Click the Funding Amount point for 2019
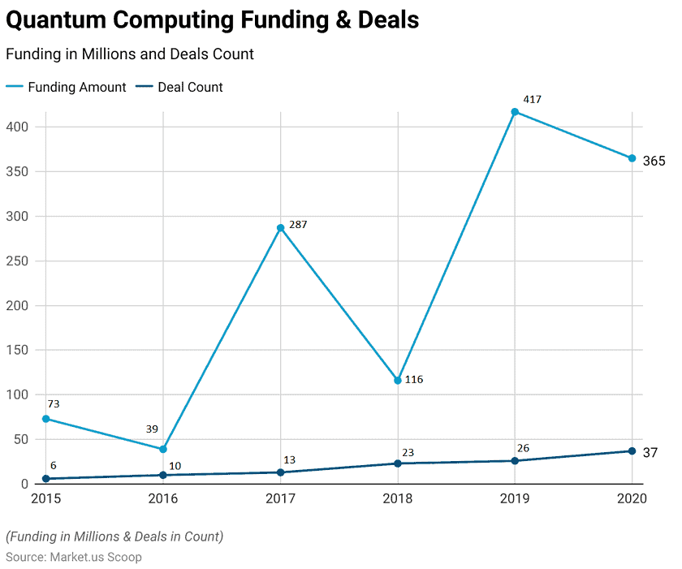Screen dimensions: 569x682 coord(515,112)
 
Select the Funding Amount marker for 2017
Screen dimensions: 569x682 coord(280,228)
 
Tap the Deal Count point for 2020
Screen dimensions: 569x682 coord(632,451)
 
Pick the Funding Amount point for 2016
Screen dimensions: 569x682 coord(163,449)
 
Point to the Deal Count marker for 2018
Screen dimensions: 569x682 coord(398,463)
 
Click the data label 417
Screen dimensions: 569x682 coord(532,100)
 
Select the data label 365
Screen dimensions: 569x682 coord(654,162)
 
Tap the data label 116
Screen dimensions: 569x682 coord(414,379)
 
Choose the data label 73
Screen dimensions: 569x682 coord(54,403)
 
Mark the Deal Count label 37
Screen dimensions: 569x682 coord(650,453)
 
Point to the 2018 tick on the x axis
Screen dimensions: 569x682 coord(398,498)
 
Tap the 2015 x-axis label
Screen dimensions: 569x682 coord(46,498)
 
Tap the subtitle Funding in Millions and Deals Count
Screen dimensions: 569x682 coord(130,54)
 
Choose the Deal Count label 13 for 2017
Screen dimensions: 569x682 coord(289,459)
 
